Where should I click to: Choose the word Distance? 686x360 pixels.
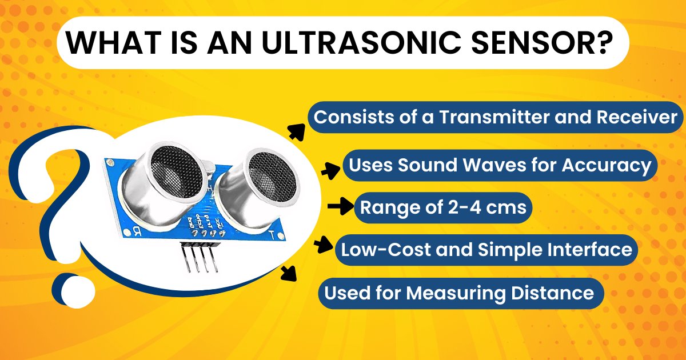point(552,293)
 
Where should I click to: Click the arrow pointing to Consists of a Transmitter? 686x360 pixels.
point(296,132)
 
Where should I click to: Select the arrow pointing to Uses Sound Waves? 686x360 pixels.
point(330,170)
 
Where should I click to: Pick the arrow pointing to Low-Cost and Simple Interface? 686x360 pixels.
point(324,245)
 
